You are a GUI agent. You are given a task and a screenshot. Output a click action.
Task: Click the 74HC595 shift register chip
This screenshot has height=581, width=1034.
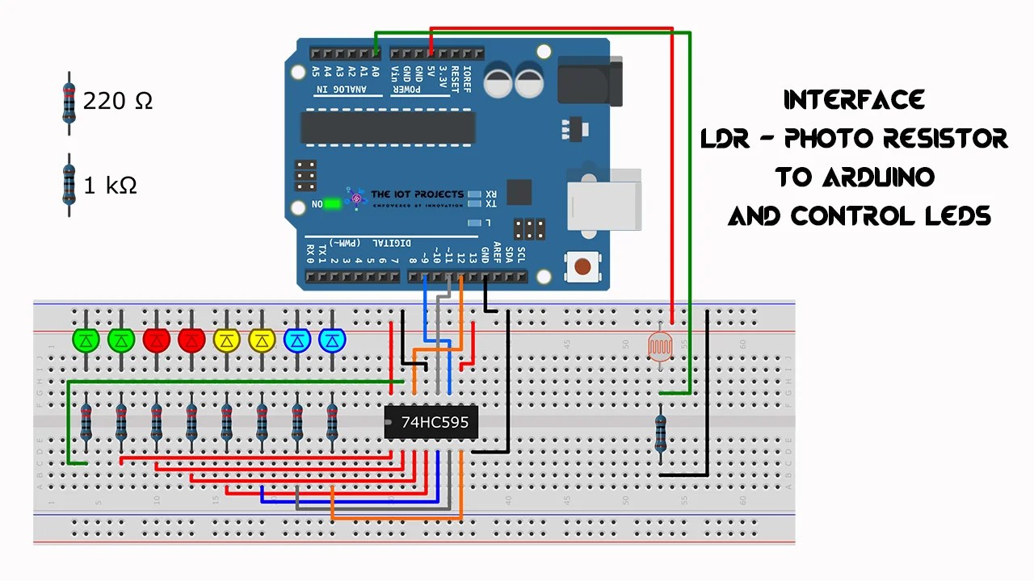click(x=431, y=422)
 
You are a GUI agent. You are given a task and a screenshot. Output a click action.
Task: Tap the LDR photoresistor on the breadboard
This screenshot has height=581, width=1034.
click(x=661, y=346)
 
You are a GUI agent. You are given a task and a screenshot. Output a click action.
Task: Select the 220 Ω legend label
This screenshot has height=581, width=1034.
click(x=118, y=101)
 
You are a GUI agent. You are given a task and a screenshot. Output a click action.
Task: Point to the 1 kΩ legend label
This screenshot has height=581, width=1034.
click(x=111, y=186)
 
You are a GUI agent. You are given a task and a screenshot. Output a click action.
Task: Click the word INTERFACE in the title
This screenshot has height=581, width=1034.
click(x=854, y=100)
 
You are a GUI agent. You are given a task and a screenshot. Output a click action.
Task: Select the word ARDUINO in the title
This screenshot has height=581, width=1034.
click(x=878, y=177)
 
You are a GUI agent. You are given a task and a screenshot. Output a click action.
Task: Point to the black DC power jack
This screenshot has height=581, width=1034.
click(x=590, y=81)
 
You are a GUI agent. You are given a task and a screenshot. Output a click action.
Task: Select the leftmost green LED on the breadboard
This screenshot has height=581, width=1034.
click(x=85, y=341)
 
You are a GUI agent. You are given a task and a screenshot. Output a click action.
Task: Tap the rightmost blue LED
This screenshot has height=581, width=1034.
click(x=332, y=341)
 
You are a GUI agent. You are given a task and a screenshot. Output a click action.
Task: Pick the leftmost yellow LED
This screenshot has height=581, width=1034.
click(x=226, y=341)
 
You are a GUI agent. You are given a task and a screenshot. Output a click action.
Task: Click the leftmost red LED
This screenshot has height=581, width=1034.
click(x=156, y=341)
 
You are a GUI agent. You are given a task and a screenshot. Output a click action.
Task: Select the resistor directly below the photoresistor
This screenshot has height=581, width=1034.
click(x=661, y=433)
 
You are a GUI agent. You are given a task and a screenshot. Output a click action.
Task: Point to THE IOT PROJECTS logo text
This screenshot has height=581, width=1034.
click(x=417, y=194)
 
